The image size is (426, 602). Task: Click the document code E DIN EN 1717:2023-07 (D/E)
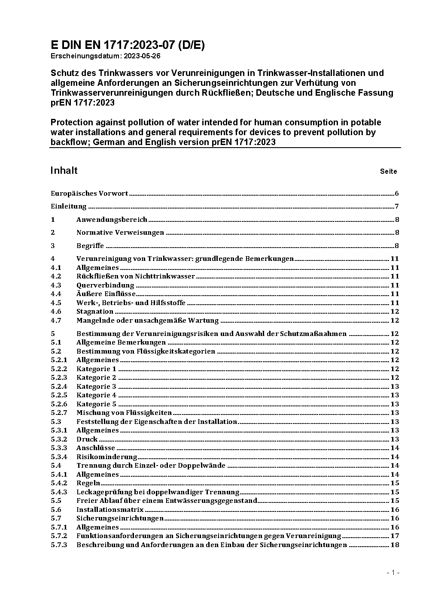(x=128, y=45)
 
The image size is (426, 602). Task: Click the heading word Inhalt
(x=64, y=170)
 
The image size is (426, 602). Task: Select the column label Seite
(x=388, y=172)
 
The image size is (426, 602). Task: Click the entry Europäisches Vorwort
(x=89, y=194)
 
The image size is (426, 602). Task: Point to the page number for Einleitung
(x=397, y=206)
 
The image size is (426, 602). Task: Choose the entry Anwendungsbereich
(x=112, y=220)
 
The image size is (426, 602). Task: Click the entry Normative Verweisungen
(x=120, y=233)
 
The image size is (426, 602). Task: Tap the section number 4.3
(x=56, y=285)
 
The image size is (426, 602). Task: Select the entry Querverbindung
(x=105, y=285)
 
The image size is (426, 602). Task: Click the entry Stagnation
(x=95, y=312)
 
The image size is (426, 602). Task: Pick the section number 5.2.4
(x=59, y=387)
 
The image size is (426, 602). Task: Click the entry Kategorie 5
(x=96, y=404)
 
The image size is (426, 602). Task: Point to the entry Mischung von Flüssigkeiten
(x=124, y=413)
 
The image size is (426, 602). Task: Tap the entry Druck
(x=87, y=439)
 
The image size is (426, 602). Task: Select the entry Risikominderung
(x=106, y=457)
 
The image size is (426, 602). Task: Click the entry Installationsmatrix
(x=110, y=510)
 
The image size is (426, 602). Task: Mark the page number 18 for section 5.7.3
(x=395, y=545)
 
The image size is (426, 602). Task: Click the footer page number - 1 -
(x=393, y=572)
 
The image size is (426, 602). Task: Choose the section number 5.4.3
(x=59, y=492)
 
